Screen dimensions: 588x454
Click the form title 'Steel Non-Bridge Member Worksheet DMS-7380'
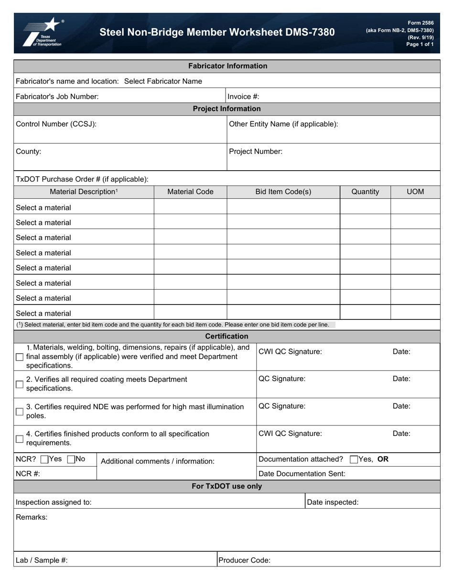tap(217, 33)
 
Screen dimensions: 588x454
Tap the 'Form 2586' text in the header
tap(421, 23)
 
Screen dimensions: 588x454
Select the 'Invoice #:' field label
tap(243, 97)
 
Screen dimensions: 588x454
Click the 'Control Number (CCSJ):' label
tap(56, 124)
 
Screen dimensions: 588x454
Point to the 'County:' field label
tap(29, 152)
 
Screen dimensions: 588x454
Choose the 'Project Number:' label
tap(256, 152)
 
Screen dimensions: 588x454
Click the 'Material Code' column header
tap(190, 192)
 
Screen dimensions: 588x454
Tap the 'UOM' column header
tap(415, 192)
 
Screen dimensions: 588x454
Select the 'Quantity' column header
tap(365, 192)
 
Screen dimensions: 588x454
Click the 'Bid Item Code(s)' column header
tap(283, 192)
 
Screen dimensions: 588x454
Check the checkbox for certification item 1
tap(20, 357)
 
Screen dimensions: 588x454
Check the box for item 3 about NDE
tap(20, 412)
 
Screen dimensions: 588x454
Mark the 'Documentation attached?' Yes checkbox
tap(354, 460)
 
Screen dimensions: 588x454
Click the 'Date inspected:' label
tap(333, 502)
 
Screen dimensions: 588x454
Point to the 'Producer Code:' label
tap(244, 560)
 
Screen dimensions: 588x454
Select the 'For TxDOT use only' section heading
tap(227, 487)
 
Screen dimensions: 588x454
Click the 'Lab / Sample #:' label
tap(42, 560)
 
